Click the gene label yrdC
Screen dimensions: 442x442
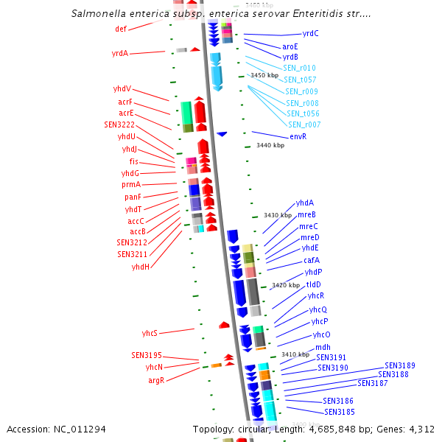point(310,33)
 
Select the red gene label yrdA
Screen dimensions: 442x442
point(120,53)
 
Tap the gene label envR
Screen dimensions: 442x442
point(298,136)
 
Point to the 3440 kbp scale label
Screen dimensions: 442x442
point(270,145)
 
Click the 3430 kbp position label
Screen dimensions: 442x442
point(278,215)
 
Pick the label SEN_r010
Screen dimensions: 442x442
point(299,68)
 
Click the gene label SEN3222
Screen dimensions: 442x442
point(119,124)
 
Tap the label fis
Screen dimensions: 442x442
point(133,161)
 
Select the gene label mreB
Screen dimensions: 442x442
point(307,214)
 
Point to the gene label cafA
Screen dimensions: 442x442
point(312,260)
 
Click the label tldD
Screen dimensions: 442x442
point(313,284)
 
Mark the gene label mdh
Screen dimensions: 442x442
point(323,347)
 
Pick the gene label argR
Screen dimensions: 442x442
point(155,380)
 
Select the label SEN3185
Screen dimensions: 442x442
point(340,412)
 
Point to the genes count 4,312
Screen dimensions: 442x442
point(419,429)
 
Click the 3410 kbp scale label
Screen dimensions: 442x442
point(295,354)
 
